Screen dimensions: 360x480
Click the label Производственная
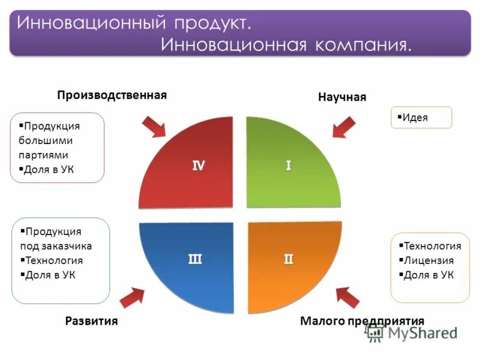[112, 95]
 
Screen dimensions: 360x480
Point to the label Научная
[342, 97]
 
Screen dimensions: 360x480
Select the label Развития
[91, 321]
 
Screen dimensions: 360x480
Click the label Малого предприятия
[362, 320]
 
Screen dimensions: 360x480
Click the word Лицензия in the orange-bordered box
[428, 260]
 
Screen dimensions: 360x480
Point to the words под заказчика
[56, 246]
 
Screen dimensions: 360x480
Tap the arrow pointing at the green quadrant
[343, 128]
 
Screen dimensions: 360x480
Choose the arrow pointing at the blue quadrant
[132, 296]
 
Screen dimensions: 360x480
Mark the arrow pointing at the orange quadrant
[348, 296]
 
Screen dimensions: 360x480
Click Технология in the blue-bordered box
[54, 260]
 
